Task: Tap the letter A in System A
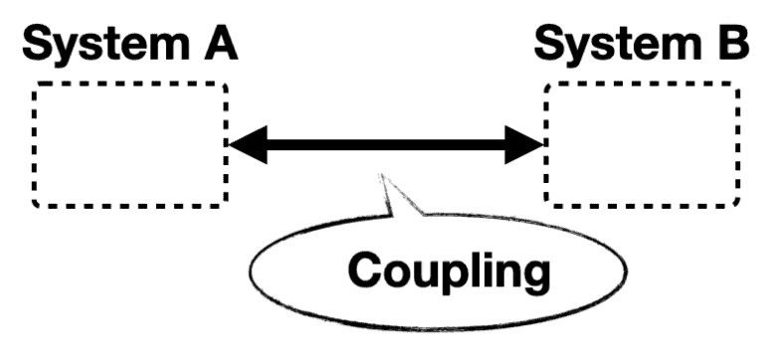pos(221,43)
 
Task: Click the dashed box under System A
pos(130,145)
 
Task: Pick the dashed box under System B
pos(642,145)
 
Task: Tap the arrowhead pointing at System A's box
pos(247,145)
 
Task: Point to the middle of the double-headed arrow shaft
pos(386,145)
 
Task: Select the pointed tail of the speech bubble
pos(391,189)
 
